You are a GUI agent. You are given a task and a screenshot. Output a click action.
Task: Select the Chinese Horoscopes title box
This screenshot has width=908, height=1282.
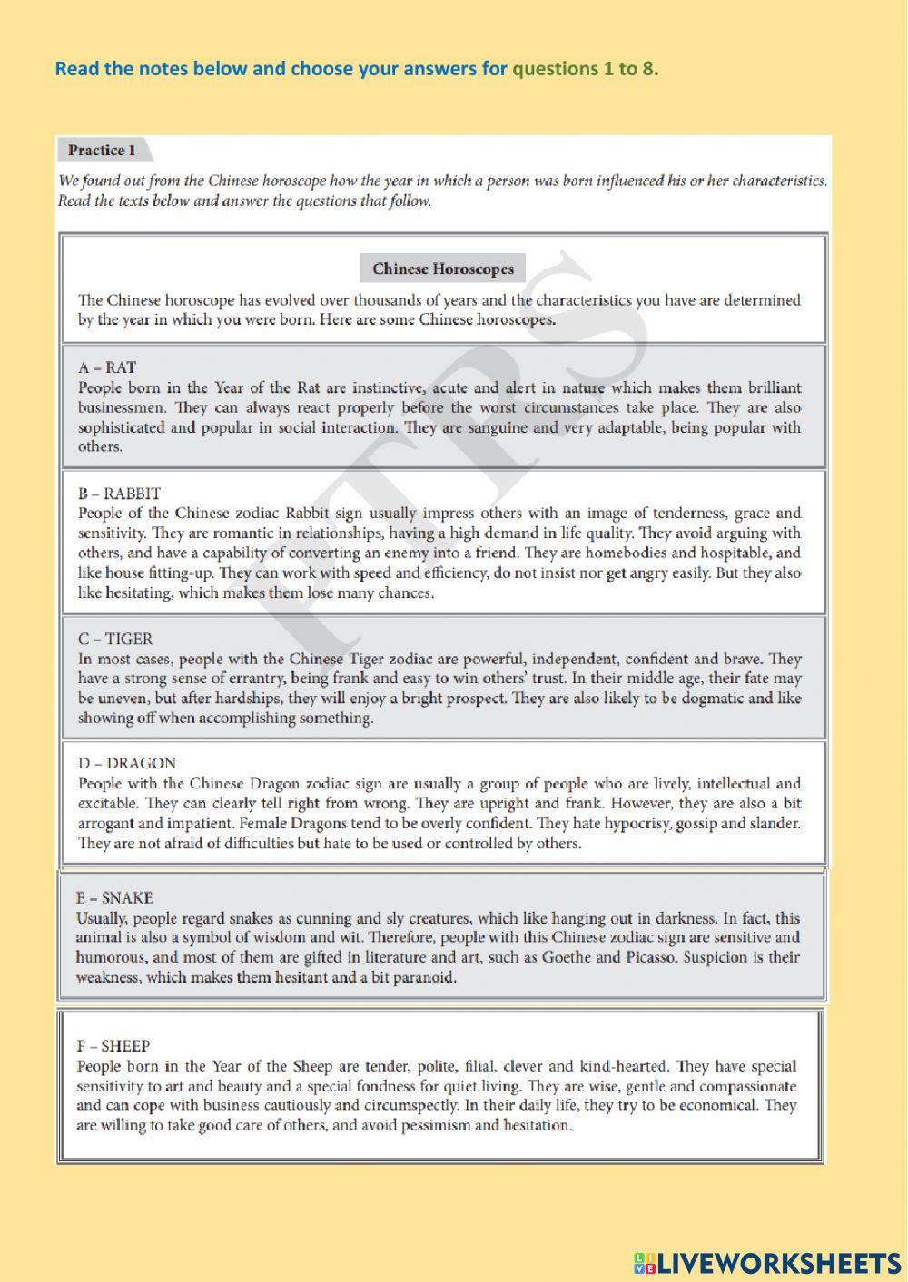click(443, 269)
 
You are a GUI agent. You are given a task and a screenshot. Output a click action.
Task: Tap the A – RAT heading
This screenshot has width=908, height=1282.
click(107, 367)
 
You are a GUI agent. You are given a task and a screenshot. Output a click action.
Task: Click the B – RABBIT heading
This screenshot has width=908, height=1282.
click(119, 494)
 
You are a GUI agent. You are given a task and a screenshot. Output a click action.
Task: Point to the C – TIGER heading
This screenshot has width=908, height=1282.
click(115, 639)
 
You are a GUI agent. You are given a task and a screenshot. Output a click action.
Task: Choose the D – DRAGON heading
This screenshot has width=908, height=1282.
click(127, 763)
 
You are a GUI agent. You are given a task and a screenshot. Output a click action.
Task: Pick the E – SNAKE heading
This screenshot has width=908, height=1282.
click(114, 897)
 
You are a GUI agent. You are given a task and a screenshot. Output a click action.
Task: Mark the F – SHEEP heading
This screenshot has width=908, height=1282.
click(113, 1046)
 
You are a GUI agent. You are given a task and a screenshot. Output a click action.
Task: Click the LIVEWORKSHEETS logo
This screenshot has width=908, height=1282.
click(767, 1262)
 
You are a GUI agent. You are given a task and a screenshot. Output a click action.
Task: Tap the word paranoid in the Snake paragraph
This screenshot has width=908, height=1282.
click(427, 977)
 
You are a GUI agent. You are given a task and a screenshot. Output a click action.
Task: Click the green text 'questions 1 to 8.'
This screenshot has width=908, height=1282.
click(586, 69)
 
